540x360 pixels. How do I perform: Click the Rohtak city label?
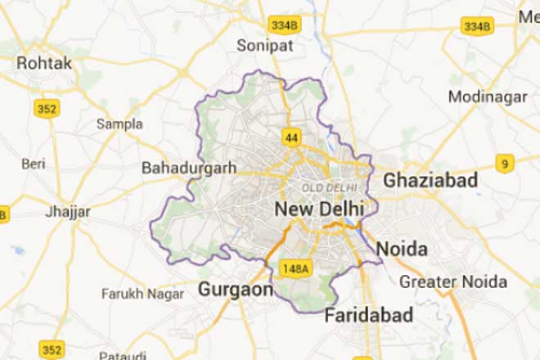tap(44, 63)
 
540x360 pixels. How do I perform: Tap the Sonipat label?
tap(263, 46)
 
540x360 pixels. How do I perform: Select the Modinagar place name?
tap(488, 97)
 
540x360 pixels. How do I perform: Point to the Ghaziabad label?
tap(430, 179)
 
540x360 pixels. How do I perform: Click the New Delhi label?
tap(319, 209)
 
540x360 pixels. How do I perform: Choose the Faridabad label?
tap(369, 316)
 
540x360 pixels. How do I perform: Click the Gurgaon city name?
tap(235, 290)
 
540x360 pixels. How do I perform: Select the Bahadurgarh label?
tap(189, 168)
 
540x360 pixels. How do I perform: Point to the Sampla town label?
tap(119, 124)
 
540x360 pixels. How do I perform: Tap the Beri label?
tap(34, 164)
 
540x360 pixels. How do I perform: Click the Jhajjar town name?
tap(69, 212)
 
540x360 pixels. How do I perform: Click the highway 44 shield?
tap(290, 136)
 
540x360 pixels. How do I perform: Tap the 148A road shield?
tap(295, 268)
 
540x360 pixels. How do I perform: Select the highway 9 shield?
tap(505, 164)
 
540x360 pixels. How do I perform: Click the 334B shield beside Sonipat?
tap(285, 25)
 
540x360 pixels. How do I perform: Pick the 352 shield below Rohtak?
tap(47, 107)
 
